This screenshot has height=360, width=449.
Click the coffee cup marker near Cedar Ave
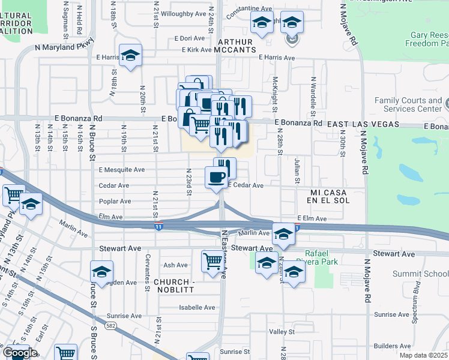[x=216, y=176]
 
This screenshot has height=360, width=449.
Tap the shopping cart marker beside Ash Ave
[x=212, y=261]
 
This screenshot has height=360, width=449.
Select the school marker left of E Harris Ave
[x=130, y=56]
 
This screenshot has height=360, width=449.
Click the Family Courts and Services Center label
[x=409, y=104]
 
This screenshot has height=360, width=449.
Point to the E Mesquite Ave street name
[x=122, y=170]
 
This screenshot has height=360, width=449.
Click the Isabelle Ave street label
[x=197, y=308]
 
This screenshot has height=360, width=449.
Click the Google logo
[x=19, y=353]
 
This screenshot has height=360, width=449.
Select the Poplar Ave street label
[x=115, y=202]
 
